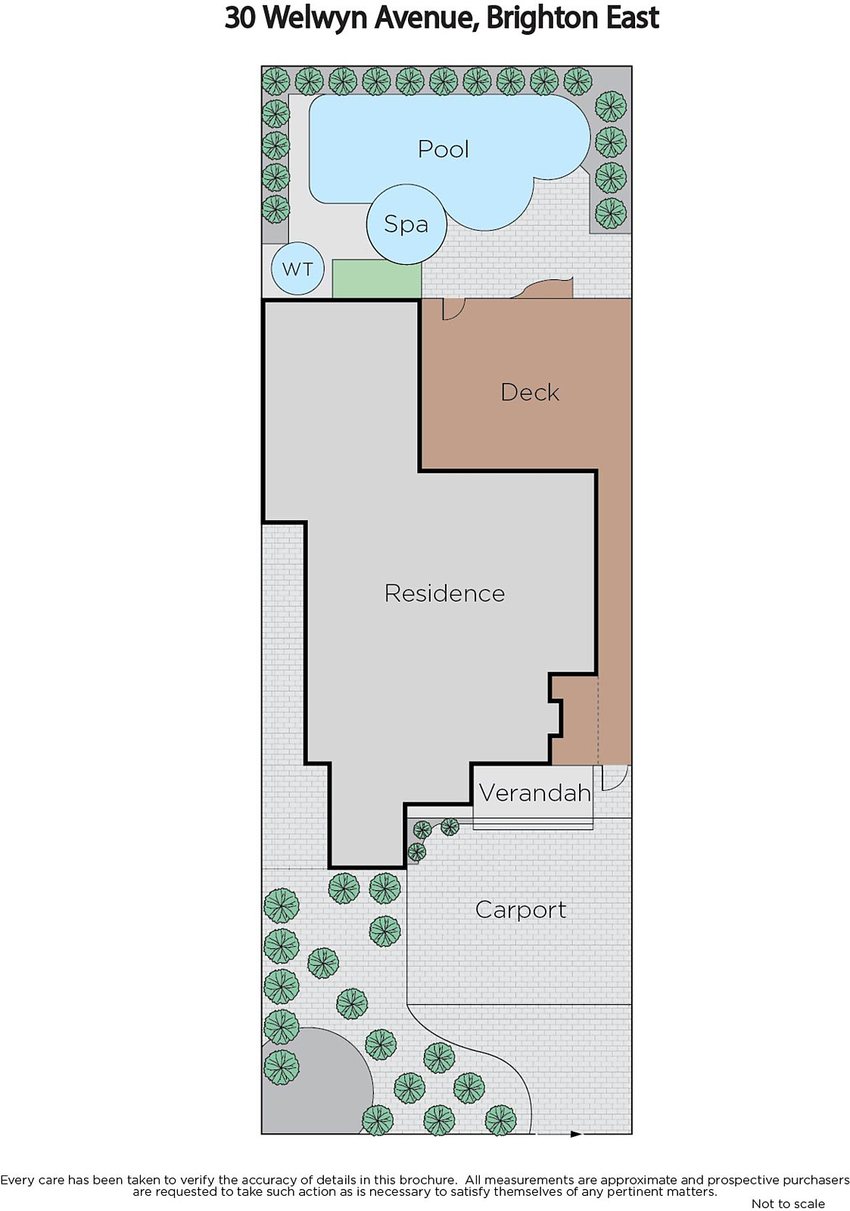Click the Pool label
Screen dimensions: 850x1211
[443, 149]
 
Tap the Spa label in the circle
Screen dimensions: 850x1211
[406, 224]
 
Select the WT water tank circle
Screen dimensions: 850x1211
[297, 269]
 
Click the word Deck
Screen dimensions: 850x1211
[530, 393]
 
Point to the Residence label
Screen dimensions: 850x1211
[444, 593]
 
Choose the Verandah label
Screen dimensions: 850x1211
[535, 793]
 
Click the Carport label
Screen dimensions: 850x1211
[521, 910]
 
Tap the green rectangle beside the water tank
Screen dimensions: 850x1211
[376, 279]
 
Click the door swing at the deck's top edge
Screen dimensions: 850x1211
[453, 310]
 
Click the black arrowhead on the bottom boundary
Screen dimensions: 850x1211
[577, 1134]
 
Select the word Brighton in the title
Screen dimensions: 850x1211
[543, 19]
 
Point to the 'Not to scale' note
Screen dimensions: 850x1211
[788, 1203]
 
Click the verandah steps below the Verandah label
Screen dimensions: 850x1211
[533, 823]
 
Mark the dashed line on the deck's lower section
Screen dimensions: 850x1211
[598, 720]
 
